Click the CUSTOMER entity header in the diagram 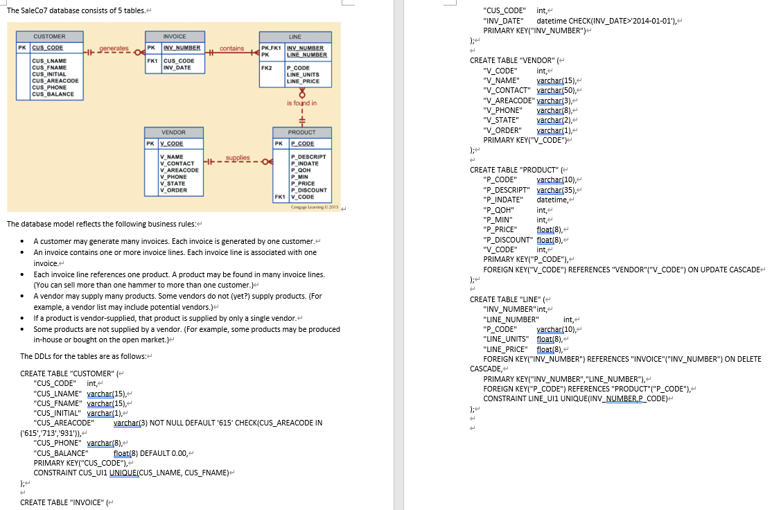[49, 36]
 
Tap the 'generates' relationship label [114, 49]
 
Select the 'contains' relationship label [231, 49]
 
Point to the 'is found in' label [301, 103]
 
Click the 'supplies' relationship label [237, 158]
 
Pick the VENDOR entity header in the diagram [173, 132]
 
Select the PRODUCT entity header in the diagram [301, 132]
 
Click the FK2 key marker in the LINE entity [266, 68]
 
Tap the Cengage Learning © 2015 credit [315, 206]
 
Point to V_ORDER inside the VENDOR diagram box [173, 190]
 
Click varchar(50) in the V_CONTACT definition [552, 90]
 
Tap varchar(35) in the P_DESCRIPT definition [552, 190]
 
